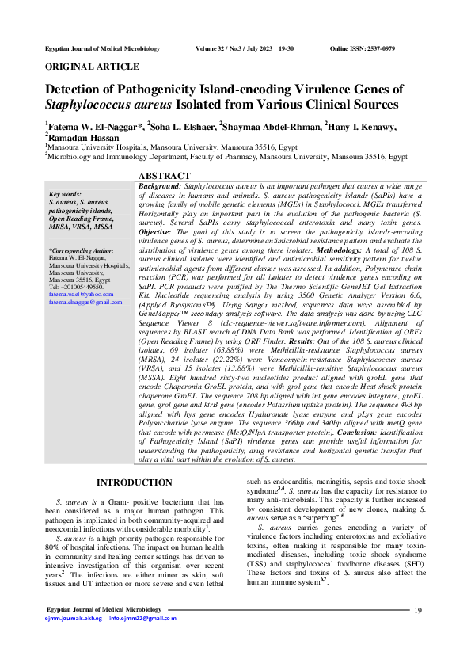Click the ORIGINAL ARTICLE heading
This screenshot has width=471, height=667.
pos(93,67)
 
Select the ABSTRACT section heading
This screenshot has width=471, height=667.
pos(164,175)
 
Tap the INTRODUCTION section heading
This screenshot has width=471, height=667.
pos(133,482)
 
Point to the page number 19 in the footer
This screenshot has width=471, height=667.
pos(419,631)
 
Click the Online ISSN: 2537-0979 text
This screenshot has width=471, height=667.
pos(362,48)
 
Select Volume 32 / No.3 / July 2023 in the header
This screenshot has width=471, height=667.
pos(236,48)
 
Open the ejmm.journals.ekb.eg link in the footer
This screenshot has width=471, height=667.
pos(73,639)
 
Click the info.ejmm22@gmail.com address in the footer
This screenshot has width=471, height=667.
pos(143,639)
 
